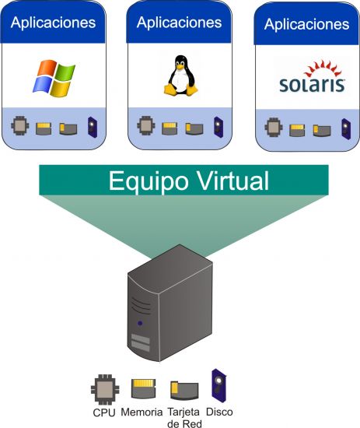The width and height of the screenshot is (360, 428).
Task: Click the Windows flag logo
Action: pos(54,79)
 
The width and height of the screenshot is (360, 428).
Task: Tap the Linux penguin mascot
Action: pos(180,75)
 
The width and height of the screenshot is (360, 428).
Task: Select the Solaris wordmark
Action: pos(312,84)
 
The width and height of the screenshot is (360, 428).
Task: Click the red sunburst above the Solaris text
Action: pos(323,68)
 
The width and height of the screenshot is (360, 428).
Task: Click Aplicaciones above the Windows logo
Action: pos(53,23)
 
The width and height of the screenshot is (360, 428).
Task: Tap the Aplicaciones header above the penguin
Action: pos(179,23)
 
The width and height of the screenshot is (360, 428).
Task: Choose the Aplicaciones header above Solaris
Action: pos(306,24)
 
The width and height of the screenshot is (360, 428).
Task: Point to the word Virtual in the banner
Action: pos(233,181)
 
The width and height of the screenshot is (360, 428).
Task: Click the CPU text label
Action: pos(104,412)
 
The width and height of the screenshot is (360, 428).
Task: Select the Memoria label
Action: pos(142,412)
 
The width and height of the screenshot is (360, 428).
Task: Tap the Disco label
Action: pos(219,412)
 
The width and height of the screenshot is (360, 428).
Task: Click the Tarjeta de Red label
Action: pos(183,418)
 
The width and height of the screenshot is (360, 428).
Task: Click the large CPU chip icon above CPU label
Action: pos(105,389)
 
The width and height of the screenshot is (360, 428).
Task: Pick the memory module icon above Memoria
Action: pos(143,388)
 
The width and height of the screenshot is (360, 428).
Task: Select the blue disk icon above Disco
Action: pos(219,385)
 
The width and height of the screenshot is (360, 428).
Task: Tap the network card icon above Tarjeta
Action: pos(184,391)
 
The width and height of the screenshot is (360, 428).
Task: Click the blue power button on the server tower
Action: pos(140,323)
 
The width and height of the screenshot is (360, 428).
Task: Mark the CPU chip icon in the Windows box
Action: pos(20,125)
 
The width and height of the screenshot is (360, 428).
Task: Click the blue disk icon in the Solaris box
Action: pos(346,129)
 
